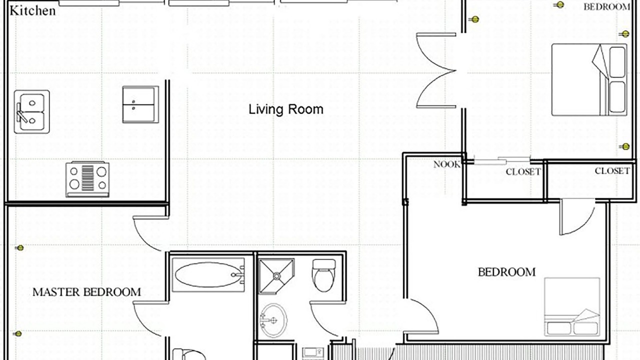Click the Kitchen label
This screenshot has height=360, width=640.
(x=32, y=11)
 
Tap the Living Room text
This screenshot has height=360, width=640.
(x=285, y=109)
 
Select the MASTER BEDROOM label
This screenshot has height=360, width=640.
(x=87, y=292)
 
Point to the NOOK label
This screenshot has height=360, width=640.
(x=447, y=164)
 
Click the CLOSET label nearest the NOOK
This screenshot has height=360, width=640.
(x=523, y=171)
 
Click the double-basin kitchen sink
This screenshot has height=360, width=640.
(x=31, y=111)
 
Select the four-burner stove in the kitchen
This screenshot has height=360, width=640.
(x=87, y=179)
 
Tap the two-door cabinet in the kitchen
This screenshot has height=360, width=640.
(x=140, y=104)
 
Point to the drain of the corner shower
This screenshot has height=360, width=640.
(x=276, y=276)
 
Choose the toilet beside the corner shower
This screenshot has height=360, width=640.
(x=323, y=275)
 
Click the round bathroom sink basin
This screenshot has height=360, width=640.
(x=273, y=320)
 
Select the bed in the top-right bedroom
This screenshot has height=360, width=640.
(x=589, y=79)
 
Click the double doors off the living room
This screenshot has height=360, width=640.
(x=436, y=70)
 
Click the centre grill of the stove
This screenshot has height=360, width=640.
(x=87, y=178)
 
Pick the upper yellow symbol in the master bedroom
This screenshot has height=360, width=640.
(x=20, y=247)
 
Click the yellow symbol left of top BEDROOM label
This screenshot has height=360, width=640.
(x=559, y=5)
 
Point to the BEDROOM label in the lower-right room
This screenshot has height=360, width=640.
(x=507, y=272)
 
